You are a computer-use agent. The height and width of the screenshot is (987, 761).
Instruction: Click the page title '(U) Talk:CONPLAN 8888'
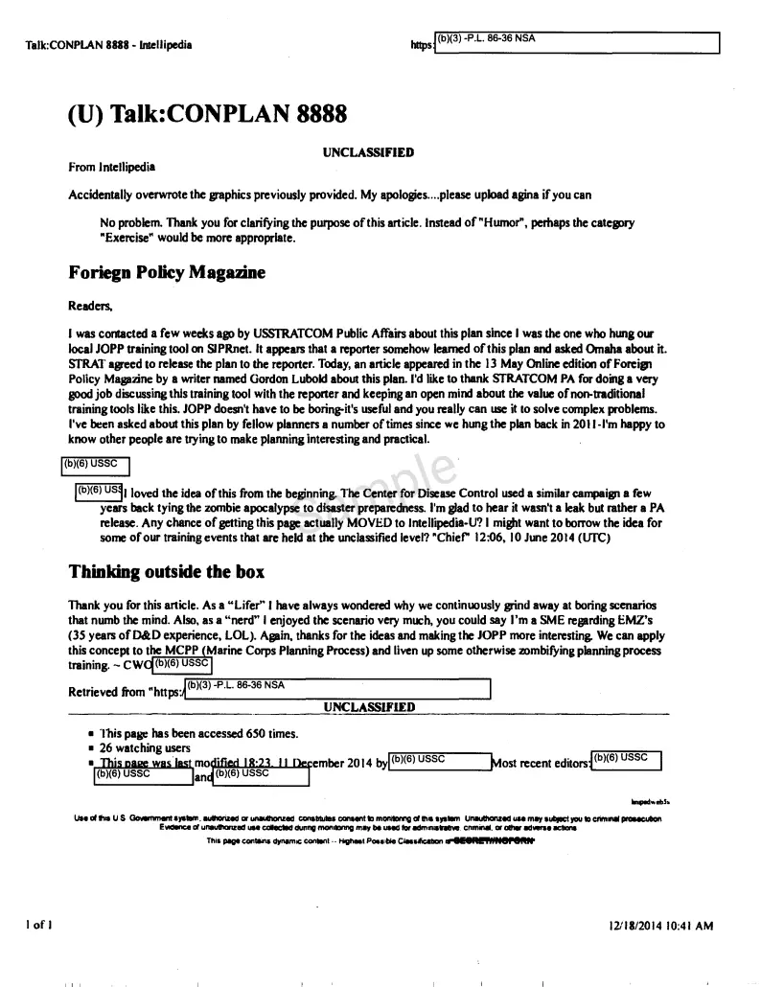(208, 115)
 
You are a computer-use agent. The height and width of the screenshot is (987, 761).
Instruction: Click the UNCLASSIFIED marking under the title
(368, 151)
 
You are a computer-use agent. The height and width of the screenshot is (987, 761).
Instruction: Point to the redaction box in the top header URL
(576, 43)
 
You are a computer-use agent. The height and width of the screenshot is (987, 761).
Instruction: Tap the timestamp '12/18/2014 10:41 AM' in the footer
(661, 926)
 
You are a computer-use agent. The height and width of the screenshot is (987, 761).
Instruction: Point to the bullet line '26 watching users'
(145, 747)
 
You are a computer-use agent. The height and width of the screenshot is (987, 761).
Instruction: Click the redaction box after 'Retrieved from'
(336, 690)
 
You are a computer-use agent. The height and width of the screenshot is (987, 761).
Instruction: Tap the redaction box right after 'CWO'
(182, 663)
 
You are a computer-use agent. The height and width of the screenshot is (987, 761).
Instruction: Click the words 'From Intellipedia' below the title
(111, 167)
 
